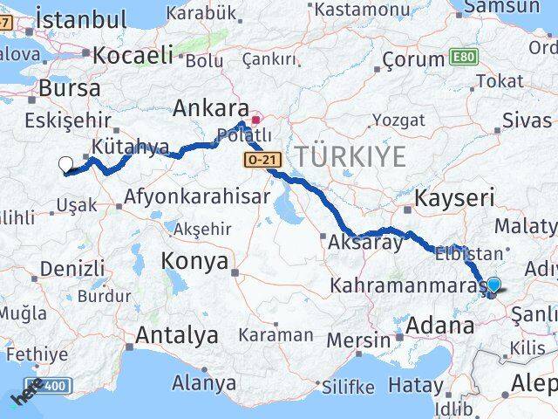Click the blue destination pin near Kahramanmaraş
tap(493, 285)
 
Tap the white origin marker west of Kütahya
tap(65, 163)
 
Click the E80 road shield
tap(463, 56)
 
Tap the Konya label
tap(194, 261)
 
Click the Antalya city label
tap(177, 334)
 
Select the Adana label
tap(445, 328)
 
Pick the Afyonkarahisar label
tap(197, 196)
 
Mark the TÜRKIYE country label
tap(350, 157)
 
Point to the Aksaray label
tap(365, 244)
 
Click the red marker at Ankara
tap(255, 120)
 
